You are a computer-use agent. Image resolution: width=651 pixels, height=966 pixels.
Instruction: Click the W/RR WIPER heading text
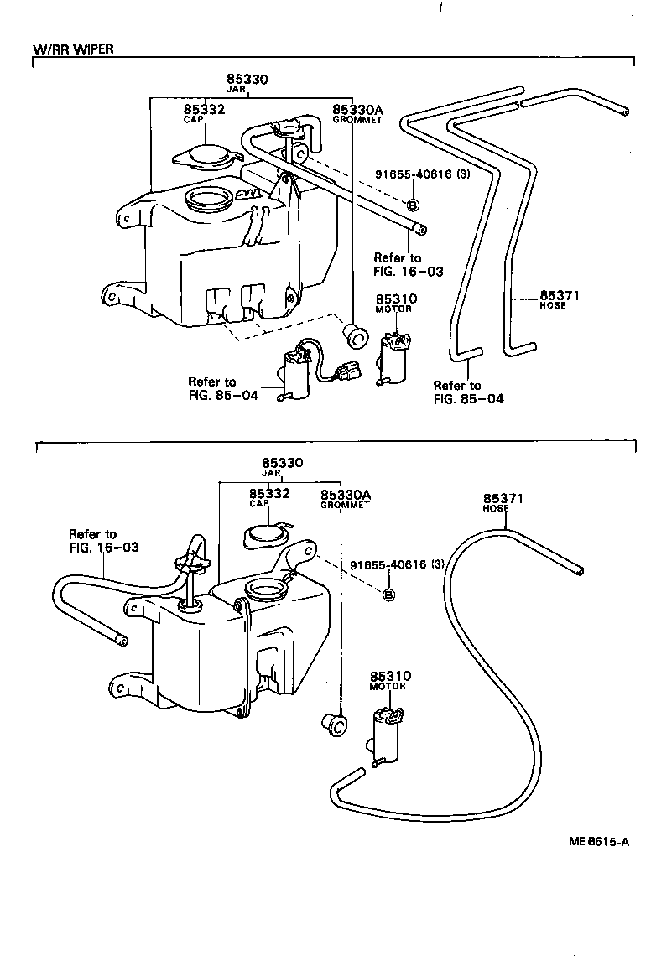tap(73, 49)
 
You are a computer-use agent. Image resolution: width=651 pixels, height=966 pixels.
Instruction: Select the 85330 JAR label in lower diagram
tap(282, 467)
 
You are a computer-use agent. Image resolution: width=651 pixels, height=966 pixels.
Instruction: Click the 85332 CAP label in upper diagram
tap(205, 112)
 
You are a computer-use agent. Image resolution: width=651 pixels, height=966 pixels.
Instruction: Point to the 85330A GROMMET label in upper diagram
tap(357, 112)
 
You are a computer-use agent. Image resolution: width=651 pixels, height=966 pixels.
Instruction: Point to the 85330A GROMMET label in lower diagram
tap(345, 500)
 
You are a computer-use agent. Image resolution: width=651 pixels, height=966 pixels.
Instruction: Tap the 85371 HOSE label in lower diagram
tap(503, 502)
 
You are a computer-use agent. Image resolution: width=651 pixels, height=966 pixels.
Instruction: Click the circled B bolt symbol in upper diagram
tap(413, 205)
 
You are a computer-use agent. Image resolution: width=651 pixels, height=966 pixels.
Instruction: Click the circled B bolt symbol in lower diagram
tap(388, 595)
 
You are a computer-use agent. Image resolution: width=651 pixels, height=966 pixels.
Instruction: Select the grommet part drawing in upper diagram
tap(357, 336)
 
